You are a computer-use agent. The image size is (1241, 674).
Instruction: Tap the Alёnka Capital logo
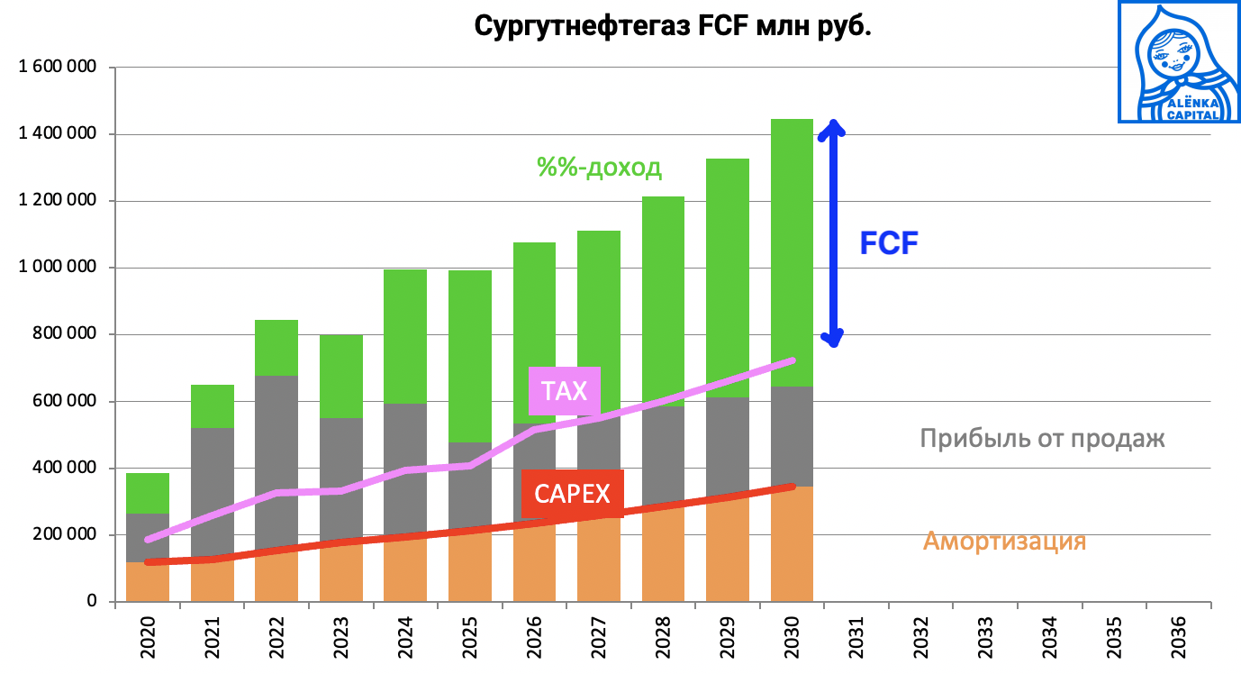pos(1177,61)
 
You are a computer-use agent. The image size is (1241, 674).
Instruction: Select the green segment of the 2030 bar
pos(792,252)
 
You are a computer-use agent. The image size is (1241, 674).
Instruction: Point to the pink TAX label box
pos(565,391)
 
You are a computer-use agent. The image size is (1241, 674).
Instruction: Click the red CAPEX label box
pos(572,494)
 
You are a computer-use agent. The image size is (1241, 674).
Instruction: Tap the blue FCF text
pos(888,243)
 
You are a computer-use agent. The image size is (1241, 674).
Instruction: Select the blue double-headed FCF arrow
pos(834,233)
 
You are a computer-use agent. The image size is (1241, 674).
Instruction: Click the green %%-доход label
pos(599,168)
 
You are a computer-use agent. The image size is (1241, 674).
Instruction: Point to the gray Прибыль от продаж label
pos(1042,439)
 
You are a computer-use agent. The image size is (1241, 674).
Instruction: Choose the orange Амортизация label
pos(1004,542)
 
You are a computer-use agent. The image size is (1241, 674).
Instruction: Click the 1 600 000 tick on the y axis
pos(58,68)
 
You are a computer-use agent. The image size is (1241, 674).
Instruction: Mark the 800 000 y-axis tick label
pos(65,334)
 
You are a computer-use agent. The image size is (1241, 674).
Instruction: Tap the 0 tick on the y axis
pos(91,601)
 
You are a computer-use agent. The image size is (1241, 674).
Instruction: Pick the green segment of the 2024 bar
pos(405,335)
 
